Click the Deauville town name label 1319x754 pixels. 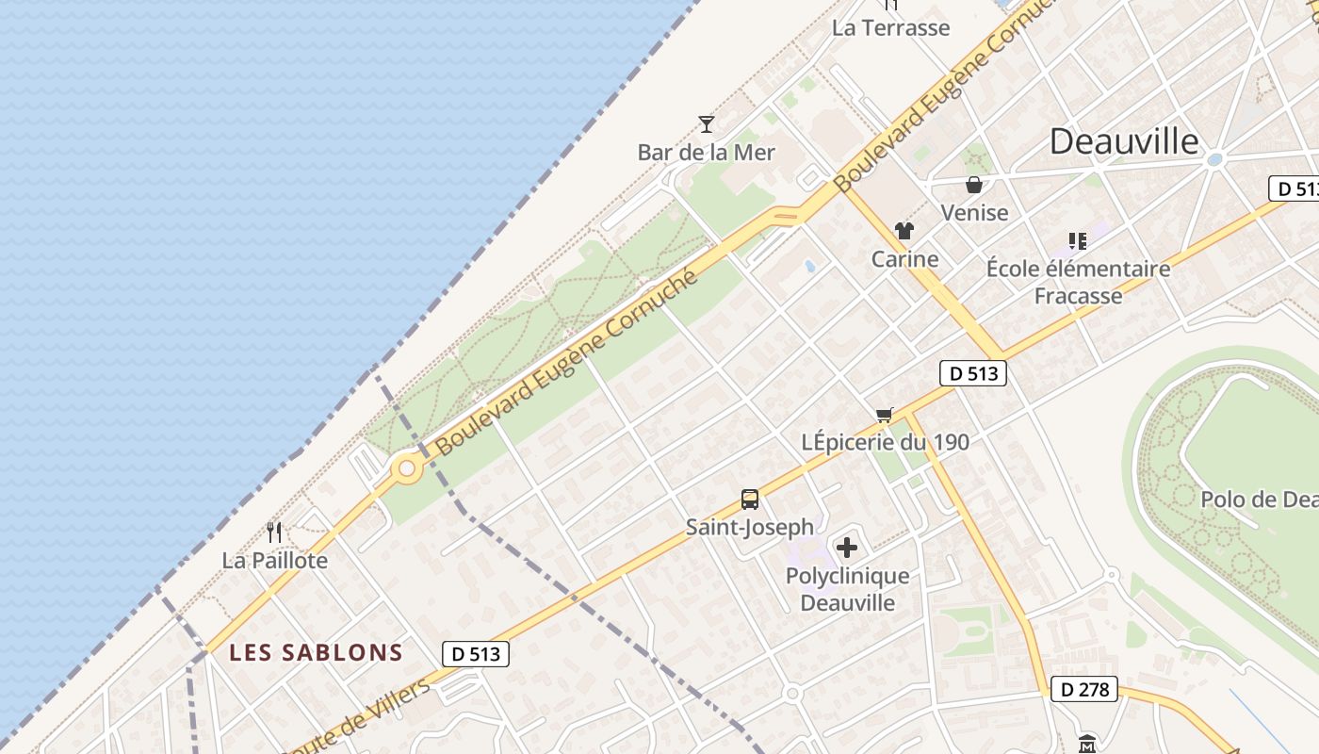(x=1124, y=141)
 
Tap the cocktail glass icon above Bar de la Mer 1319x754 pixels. (x=707, y=123)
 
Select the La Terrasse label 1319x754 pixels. (x=890, y=27)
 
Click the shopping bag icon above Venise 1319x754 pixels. (x=974, y=185)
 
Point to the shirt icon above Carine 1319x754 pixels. (x=904, y=231)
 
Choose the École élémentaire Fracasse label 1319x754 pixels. (x=1078, y=282)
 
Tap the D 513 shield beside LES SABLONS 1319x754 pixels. (x=476, y=653)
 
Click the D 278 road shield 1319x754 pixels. (x=1084, y=689)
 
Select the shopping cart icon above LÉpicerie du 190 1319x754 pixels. (x=884, y=415)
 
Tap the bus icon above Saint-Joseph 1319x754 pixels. (x=750, y=500)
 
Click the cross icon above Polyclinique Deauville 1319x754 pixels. (x=847, y=548)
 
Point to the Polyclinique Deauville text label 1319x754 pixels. (x=848, y=589)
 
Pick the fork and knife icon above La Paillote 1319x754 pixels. (x=274, y=533)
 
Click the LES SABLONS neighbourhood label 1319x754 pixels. (x=317, y=652)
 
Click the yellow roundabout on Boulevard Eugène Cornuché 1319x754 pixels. (x=407, y=467)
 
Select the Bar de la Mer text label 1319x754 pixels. (x=707, y=152)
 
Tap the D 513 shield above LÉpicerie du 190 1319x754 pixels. (x=973, y=373)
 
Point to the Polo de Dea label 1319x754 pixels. (x=1259, y=499)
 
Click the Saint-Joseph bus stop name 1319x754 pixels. (x=750, y=527)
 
